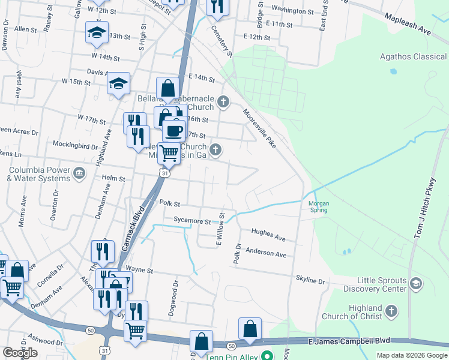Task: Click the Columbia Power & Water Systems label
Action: (x=39, y=174)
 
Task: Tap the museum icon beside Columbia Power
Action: (x=79, y=174)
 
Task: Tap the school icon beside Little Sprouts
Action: (x=415, y=282)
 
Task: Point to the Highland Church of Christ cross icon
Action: (x=391, y=311)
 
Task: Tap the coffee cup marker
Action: (x=174, y=130)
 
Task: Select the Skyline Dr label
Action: (x=310, y=280)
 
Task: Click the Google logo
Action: (x=20, y=353)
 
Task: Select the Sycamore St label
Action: (x=192, y=221)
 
